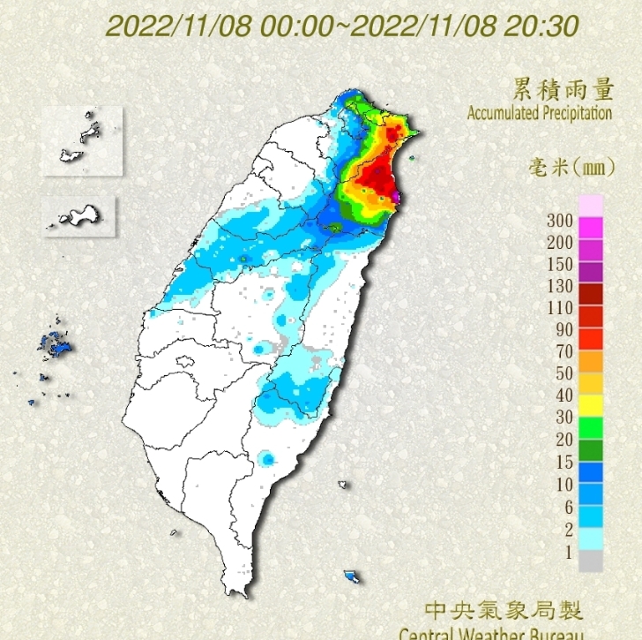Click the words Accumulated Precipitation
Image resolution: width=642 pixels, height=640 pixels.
coord(539,113)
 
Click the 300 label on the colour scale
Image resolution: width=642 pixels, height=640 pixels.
coord(560,221)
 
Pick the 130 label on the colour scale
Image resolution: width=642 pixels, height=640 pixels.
coord(560,286)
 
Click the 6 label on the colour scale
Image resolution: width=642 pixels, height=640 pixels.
coord(568,507)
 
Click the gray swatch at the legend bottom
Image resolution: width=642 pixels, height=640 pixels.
coord(590,561)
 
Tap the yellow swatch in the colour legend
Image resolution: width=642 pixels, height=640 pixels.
coord(590,405)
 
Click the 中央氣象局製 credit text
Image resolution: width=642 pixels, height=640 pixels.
coord(504,610)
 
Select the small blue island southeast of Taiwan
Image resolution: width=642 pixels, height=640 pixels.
coord(353,576)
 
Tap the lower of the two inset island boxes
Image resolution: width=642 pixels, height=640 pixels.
coord(79,215)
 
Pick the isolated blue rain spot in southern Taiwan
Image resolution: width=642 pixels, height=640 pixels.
coord(267,459)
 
